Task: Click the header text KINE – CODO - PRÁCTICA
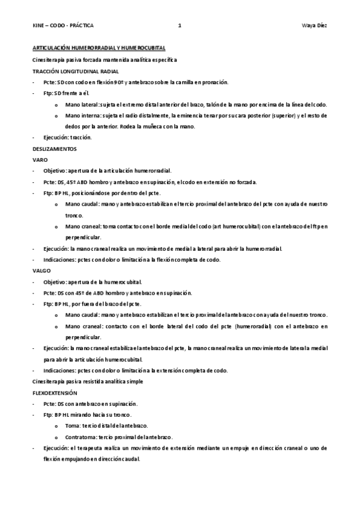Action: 63,26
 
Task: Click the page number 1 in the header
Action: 179,26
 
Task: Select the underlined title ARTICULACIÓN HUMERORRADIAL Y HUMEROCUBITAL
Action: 99,48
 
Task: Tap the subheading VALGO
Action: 41,271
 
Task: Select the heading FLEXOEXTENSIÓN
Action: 55,392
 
